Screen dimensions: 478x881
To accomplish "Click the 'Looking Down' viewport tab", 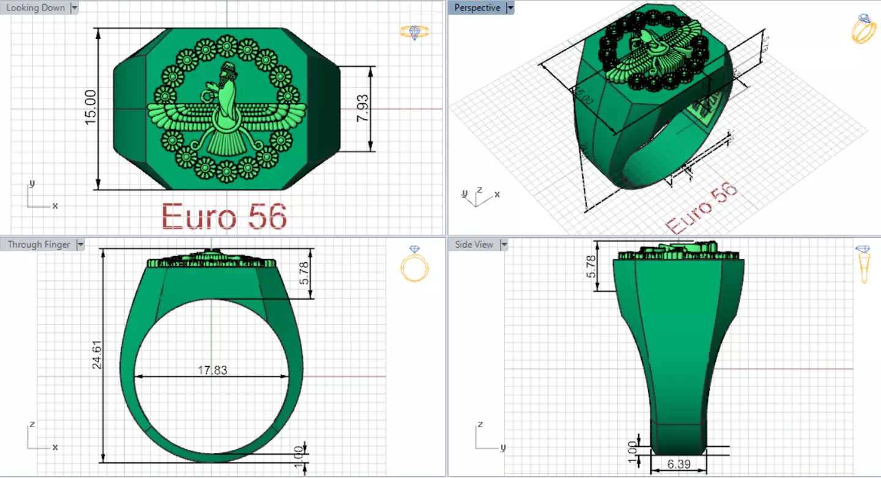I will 35,8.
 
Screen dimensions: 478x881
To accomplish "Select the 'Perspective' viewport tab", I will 477,8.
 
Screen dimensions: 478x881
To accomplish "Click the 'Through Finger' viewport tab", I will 39,245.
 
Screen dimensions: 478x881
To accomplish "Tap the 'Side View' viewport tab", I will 474,245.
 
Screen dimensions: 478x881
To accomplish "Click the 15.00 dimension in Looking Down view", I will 91,107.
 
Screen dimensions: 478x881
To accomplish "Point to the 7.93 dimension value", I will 362,108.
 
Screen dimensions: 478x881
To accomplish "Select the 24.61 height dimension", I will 97,355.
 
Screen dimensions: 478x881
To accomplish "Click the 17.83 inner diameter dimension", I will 212,370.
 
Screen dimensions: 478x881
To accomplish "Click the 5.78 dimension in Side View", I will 591,266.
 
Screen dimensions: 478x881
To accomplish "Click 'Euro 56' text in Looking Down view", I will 224,216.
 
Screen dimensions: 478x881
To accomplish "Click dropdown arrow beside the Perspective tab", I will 510,8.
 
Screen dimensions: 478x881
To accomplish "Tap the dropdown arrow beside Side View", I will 504,245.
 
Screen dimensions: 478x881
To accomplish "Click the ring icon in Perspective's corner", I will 863,29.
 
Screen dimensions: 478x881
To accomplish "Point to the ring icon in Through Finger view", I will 414,264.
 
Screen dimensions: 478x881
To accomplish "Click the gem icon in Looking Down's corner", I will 414,32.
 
